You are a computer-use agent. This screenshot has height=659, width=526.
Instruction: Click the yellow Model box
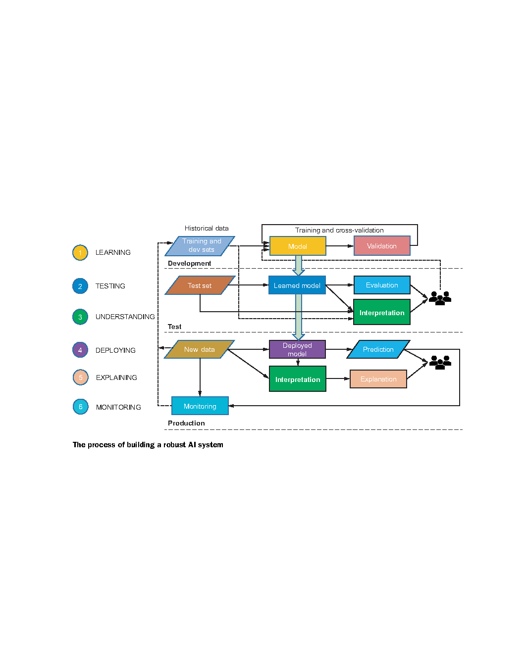297,246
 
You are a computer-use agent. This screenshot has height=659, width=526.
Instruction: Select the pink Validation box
382,245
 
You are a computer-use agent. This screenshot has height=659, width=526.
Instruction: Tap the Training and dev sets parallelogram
200,246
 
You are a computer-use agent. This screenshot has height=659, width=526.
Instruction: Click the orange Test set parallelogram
200,285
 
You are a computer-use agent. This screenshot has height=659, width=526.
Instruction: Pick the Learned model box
297,285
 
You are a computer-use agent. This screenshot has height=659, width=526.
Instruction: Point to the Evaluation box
382,285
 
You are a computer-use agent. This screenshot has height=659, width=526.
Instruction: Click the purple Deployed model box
297,349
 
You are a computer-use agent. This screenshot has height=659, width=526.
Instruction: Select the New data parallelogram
200,349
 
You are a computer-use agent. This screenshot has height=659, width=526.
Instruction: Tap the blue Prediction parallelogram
378,349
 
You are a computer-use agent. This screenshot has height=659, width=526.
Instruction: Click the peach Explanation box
378,379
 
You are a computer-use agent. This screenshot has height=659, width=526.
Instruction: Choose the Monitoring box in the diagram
200,406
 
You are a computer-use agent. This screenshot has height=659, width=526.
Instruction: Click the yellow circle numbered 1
80,253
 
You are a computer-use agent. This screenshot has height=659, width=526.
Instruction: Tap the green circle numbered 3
80,317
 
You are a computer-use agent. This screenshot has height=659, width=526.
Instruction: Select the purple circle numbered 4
80,350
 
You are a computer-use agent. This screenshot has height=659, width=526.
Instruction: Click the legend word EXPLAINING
116,377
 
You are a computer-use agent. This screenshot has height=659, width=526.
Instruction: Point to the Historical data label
207,228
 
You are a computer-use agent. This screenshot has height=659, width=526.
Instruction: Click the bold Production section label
186,423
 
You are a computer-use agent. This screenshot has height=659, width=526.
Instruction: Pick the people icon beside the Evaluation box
439,298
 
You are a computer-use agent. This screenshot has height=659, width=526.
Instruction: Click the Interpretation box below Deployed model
297,379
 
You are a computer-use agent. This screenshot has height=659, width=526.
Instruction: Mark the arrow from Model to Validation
340,246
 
